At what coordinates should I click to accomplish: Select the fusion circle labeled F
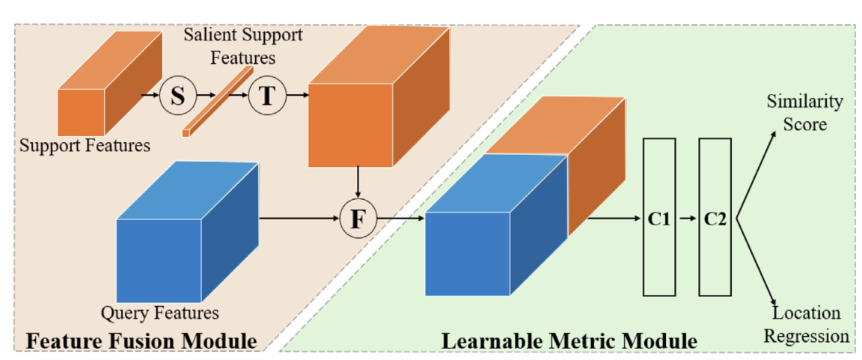pyautogui.click(x=359, y=219)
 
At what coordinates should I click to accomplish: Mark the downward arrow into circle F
pyautogui.click(x=359, y=184)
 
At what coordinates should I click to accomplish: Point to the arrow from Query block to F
pyautogui.click(x=299, y=219)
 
